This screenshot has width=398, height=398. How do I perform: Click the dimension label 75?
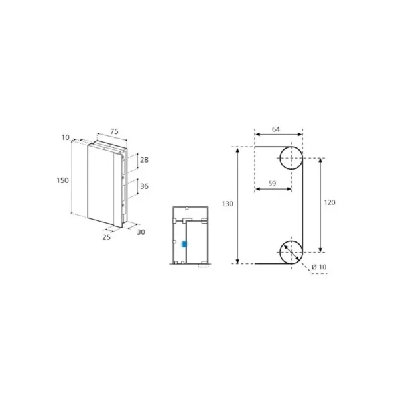pos(114,131)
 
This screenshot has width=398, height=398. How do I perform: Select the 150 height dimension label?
pos(62,180)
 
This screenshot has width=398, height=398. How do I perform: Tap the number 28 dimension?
pos(144,160)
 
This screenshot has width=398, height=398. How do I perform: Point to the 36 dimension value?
pos(144,186)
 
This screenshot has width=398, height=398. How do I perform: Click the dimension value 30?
pos(141,232)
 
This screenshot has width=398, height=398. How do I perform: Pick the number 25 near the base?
pos(107,237)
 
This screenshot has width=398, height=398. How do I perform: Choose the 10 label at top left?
pos(65,137)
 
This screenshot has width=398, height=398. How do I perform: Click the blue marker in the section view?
pos(184,244)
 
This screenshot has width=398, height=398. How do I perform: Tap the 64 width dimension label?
pos(276,129)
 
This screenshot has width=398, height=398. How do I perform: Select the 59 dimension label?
pos(272,183)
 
